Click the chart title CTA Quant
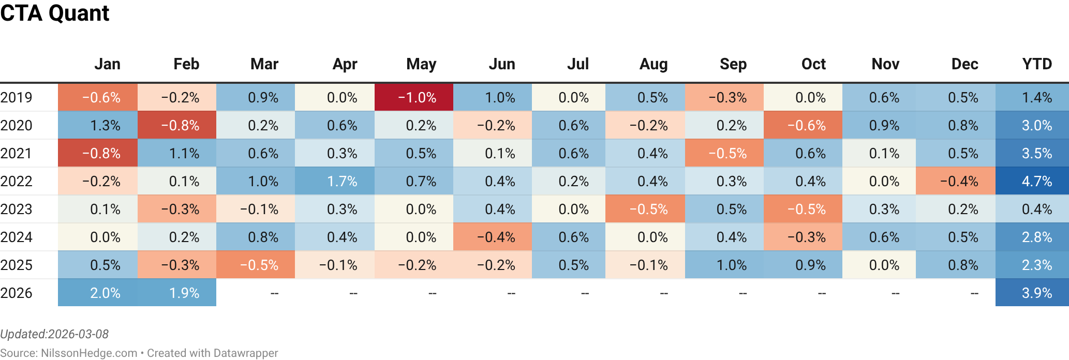point(54,13)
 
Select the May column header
point(421,64)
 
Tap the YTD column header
point(1036,64)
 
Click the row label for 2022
point(17,182)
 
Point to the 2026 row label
point(17,293)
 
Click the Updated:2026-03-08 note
point(54,334)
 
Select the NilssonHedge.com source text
point(89,353)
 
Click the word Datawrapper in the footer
point(245,353)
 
